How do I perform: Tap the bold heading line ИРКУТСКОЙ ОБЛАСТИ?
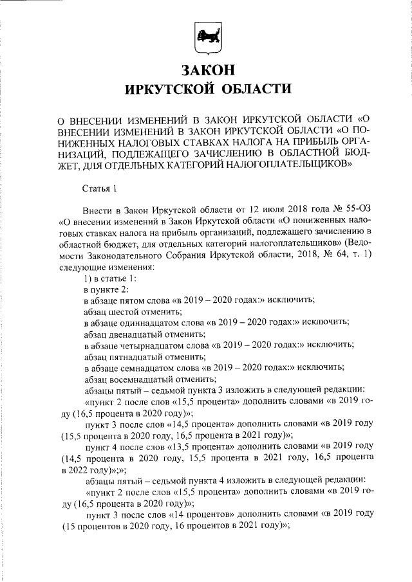(x=206, y=88)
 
